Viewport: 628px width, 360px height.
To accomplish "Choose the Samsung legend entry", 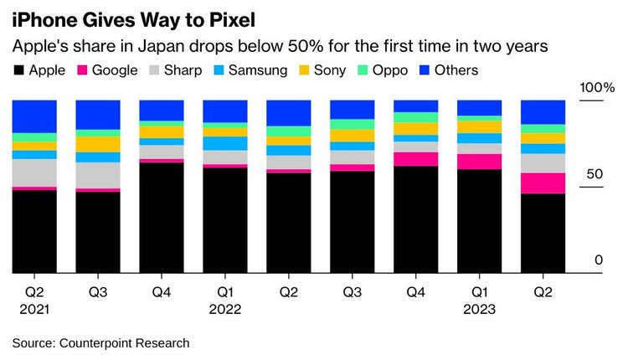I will (250, 70).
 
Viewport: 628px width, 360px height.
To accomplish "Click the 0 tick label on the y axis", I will (598, 260).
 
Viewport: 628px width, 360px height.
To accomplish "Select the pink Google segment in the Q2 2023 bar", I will (543, 183).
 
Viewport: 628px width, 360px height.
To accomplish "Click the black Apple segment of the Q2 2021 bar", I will (34, 231).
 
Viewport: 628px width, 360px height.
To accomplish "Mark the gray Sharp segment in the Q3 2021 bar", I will (98, 175).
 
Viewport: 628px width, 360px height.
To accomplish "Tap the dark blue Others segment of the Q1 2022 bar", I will (225, 111).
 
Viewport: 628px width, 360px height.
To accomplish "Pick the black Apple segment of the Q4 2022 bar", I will (415, 219).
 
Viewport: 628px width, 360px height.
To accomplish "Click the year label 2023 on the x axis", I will (479, 309).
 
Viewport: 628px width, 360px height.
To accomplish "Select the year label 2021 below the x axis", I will (33, 309).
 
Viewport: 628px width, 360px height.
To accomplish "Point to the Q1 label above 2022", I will (224, 292).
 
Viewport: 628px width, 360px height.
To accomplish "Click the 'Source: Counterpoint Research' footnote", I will (100, 343).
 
